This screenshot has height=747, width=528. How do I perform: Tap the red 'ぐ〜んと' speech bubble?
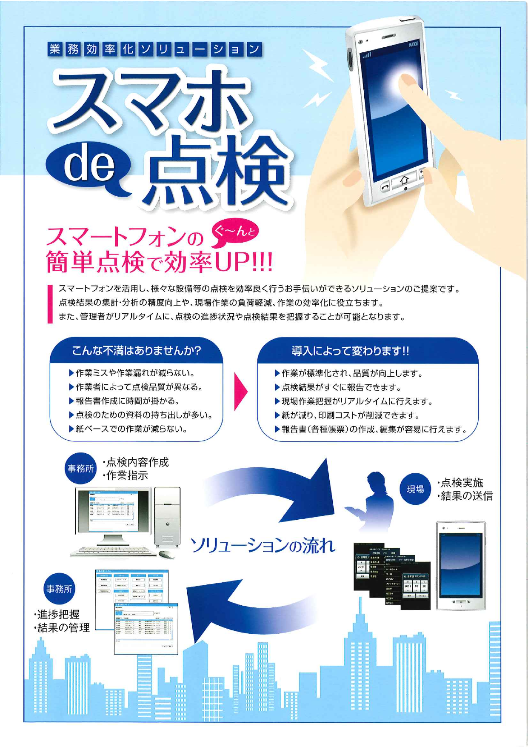[234, 234]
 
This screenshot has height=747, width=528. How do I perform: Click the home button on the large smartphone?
[405, 181]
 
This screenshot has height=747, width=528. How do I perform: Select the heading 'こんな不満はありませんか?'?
[136, 351]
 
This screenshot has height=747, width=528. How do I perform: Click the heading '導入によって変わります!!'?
[350, 351]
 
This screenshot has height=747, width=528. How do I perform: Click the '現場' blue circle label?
[415, 489]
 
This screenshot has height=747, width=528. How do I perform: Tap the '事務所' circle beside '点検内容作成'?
[81, 468]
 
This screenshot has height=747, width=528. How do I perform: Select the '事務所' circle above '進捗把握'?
[59, 589]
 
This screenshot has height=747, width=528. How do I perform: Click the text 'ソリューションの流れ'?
[263, 546]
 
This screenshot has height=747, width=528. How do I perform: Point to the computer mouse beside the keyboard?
[166, 554]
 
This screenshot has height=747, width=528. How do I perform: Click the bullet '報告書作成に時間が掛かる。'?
[127, 401]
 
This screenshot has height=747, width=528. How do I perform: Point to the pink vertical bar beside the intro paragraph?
[50, 304]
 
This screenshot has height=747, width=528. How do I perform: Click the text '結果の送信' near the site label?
[466, 496]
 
